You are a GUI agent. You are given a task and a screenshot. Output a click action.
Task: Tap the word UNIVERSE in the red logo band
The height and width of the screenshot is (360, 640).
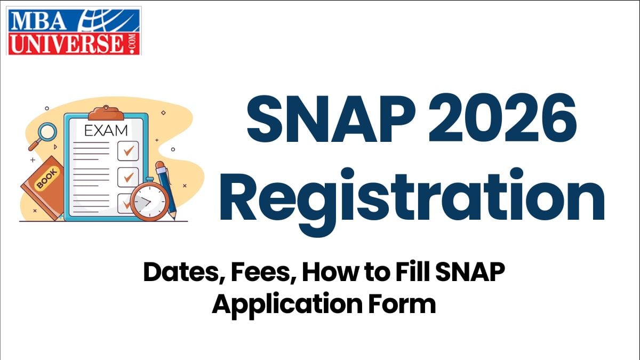coord(67,43)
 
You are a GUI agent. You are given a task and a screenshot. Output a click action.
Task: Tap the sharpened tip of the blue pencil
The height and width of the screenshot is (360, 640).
coord(173,215)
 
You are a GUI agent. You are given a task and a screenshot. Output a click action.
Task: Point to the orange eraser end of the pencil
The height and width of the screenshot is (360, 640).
coord(161,166)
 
